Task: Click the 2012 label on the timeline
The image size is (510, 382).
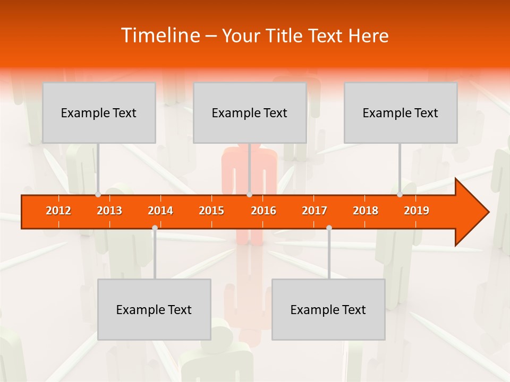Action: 58,211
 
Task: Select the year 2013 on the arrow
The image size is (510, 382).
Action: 109,211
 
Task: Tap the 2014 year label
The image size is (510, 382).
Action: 160,211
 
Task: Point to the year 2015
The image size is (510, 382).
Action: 211,211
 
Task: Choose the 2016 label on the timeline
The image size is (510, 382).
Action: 263,211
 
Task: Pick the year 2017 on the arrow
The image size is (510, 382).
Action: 314,211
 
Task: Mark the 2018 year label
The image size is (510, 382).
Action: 365,211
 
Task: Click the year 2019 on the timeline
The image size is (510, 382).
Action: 416,211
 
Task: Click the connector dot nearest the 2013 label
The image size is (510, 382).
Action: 98,195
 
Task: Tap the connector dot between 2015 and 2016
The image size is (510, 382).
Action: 249,195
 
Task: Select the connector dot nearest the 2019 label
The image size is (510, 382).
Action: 399,195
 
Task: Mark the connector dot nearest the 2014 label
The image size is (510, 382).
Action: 155,228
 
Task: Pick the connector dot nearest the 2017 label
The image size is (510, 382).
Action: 329,228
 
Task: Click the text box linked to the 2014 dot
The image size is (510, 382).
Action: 154,309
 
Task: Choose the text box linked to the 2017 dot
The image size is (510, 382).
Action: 328,309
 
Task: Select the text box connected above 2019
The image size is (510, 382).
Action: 401,112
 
